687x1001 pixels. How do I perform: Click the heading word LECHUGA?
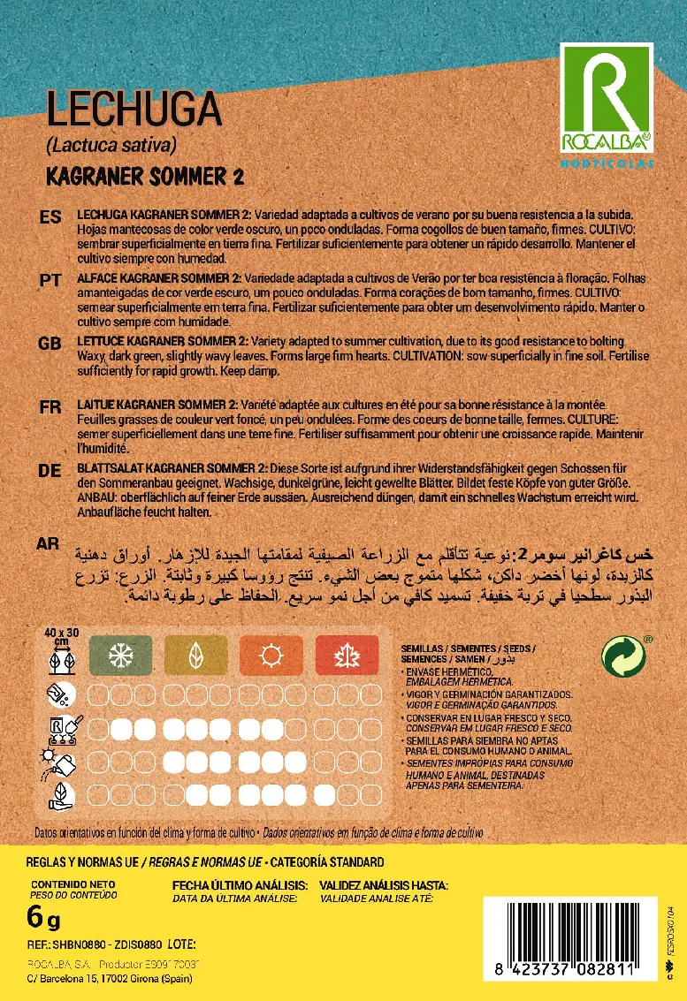133,110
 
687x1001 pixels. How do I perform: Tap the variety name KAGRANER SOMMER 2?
144,176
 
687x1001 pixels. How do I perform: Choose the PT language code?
50,279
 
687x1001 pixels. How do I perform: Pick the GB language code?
50,342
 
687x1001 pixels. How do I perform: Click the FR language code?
50,407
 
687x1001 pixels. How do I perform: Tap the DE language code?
50,471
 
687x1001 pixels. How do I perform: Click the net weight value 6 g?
43,919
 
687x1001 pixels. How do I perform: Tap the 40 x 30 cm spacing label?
62,637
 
